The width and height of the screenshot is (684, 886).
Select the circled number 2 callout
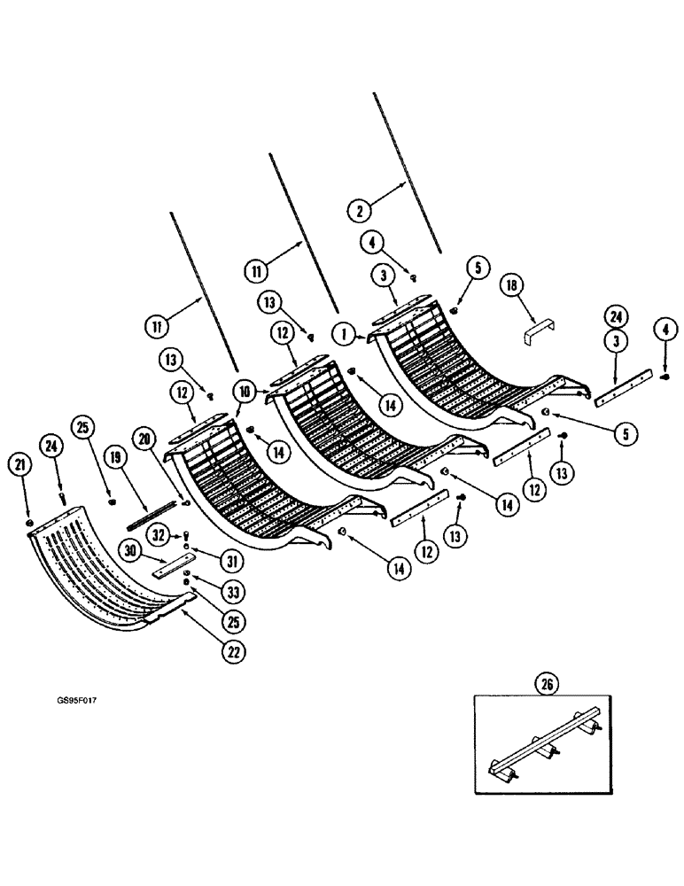pyautogui.click(x=359, y=210)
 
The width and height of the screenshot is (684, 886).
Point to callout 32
pyautogui.click(x=159, y=534)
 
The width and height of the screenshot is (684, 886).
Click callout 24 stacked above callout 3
pyautogui.click(x=617, y=315)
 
